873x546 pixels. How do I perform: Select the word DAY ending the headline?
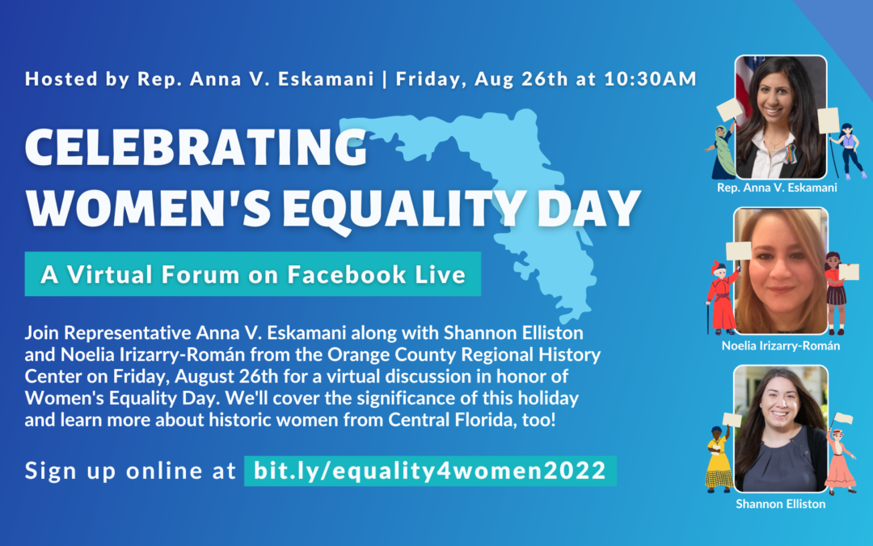[x=590, y=208]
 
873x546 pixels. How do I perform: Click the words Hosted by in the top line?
[x=70, y=79]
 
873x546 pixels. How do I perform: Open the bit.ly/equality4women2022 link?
[x=430, y=471]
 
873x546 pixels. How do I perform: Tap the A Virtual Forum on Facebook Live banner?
[x=253, y=274]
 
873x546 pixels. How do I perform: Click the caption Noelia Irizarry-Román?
[x=781, y=345]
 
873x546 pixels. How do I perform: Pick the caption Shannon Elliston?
[x=781, y=503]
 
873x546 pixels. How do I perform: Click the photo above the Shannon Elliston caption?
[x=781, y=429]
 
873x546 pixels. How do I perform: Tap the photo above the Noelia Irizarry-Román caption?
[x=781, y=270]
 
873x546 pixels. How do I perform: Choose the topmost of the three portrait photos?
[x=781, y=116]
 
